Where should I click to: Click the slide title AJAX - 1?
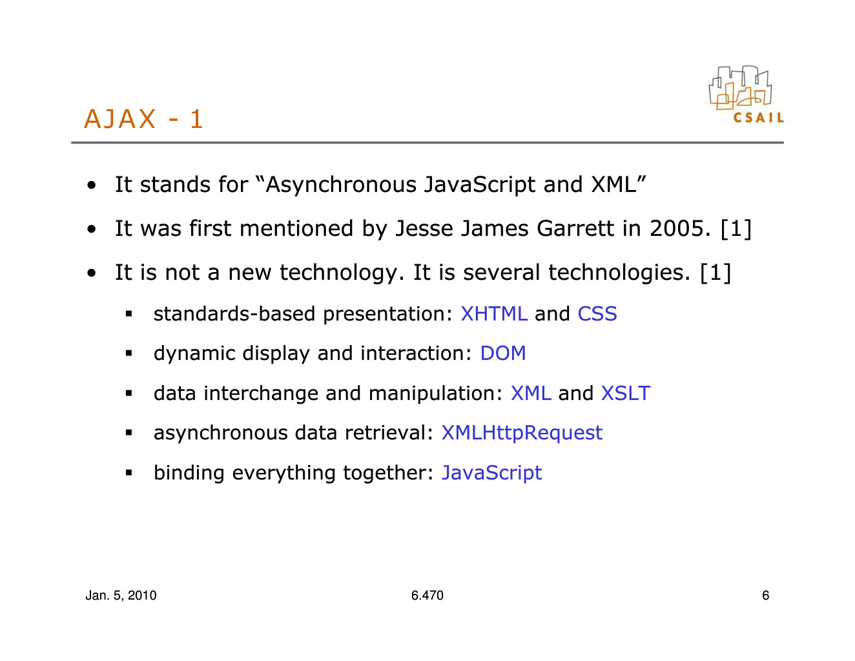(143, 119)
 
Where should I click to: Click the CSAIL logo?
(746, 94)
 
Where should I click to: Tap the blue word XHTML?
(494, 314)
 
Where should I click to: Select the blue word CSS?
(597, 314)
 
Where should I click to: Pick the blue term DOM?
(503, 353)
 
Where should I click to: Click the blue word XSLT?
(625, 393)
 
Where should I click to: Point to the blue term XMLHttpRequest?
(522, 433)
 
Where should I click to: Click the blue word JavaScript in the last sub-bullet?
(491, 473)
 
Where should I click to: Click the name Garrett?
(575, 228)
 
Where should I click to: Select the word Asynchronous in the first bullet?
(341, 185)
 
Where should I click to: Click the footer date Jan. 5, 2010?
(121, 595)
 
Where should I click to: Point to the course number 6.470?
(427, 595)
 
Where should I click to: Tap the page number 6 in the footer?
(765, 595)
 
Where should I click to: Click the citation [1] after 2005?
(736, 229)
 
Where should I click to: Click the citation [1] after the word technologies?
(716, 273)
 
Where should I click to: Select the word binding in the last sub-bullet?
(189, 473)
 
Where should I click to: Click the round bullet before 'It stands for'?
(91, 185)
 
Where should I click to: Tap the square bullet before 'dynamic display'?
(129, 353)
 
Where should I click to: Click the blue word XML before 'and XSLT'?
(531, 393)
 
